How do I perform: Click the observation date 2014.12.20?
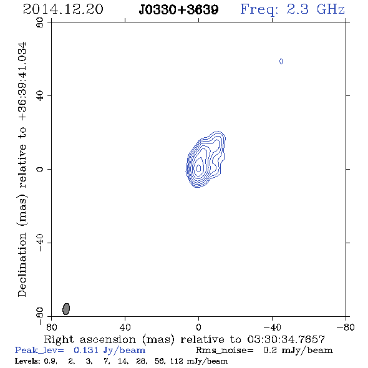pos(63,9)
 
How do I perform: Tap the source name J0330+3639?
pos(178,10)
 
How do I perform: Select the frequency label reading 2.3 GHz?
pos(316,9)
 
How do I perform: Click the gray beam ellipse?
pos(66,309)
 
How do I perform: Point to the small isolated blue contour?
pos(281,62)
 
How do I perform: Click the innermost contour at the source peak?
pos(198,168)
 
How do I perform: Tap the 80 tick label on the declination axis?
pos(40,22)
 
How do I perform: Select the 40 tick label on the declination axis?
pos(40,96)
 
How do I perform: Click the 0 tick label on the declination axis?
pos(40,169)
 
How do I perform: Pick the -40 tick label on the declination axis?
pos(40,243)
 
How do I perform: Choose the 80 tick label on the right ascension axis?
pos(51,327)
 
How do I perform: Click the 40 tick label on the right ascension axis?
pos(125,327)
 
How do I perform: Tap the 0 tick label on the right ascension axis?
pos(198,327)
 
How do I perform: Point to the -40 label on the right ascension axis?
pos(272,327)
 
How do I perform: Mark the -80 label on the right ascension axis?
pos(346,327)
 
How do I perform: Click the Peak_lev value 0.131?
pos(86,350)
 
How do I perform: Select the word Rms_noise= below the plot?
pos(225,351)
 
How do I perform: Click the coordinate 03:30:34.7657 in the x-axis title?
pos(286,339)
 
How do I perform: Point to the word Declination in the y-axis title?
pos(22,265)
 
